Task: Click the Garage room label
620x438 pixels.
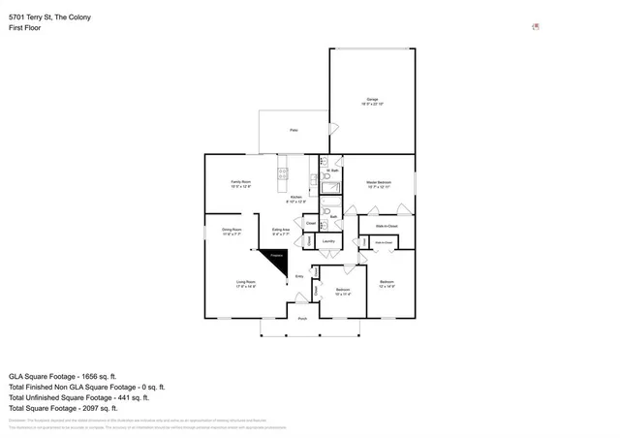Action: [372, 101]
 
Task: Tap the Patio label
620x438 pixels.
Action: [294, 130]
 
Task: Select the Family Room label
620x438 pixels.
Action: [240, 183]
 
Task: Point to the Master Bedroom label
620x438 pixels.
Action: [378, 183]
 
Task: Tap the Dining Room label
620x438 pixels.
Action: [232, 231]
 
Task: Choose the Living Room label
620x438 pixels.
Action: [245, 283]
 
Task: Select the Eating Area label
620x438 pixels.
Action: [281, 231]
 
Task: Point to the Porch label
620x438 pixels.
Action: [302, 318]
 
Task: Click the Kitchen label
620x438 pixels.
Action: [296, 198]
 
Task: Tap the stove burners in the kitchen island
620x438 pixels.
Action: [283, 174]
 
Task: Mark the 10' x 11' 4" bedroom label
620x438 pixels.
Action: [343, 291]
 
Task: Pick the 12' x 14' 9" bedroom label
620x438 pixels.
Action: [387, 283]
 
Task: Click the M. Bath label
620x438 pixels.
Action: [330, 171]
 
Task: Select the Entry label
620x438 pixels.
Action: [299, 276]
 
